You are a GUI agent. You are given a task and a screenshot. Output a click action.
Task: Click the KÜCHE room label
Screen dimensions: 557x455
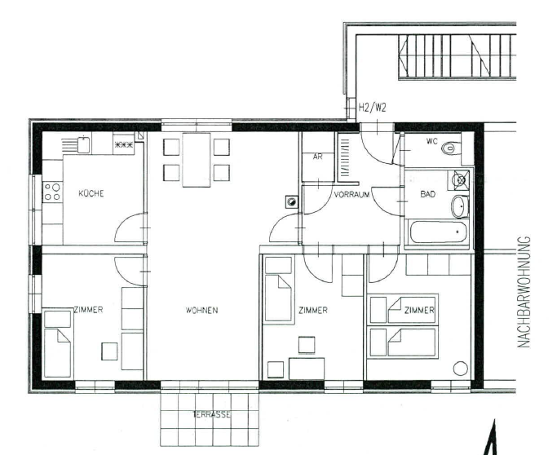91,193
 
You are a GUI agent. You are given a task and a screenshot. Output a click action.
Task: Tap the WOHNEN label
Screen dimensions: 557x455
201,311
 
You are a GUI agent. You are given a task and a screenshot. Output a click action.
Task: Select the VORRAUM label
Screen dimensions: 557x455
351,195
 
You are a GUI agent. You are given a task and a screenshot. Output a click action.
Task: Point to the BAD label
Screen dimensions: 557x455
427,194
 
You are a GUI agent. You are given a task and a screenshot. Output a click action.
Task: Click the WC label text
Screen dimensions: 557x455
431,141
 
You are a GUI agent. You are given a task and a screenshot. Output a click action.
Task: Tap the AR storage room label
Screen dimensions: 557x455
317,157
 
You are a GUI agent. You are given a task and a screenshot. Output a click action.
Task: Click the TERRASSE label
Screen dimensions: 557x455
212,414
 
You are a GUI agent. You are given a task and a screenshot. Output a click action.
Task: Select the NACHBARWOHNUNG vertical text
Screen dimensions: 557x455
524,292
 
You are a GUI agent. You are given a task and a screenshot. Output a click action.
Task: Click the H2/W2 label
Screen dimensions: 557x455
372,108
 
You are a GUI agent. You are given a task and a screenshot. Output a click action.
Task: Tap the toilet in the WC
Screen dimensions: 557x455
450,148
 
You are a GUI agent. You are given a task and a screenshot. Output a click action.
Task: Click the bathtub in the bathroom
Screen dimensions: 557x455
438,232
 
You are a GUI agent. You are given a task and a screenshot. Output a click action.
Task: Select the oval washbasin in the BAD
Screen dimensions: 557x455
460,206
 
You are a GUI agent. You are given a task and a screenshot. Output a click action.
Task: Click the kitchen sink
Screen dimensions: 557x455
83,144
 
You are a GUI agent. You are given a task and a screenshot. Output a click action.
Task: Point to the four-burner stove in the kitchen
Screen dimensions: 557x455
52,192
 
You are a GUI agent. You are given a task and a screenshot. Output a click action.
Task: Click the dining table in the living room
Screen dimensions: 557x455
196,160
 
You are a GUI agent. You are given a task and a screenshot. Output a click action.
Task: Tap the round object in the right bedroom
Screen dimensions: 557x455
461,369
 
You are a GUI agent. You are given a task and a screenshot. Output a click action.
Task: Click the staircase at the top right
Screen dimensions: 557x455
458,56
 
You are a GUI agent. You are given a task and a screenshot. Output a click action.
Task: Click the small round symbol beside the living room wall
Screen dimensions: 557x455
291,202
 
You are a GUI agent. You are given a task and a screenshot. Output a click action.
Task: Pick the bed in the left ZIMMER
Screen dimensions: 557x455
57,343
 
